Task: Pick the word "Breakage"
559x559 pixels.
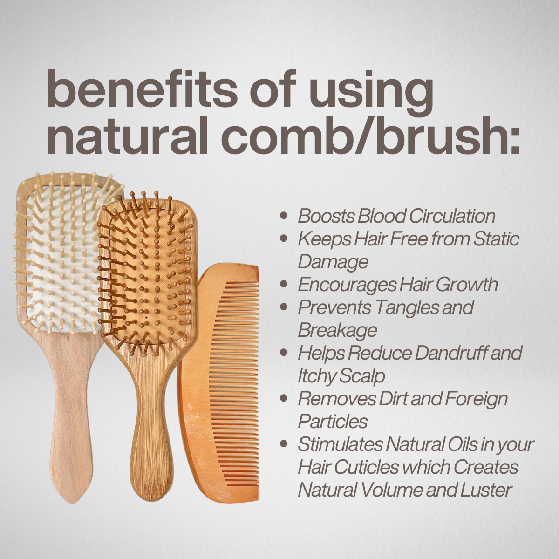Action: point(337,330)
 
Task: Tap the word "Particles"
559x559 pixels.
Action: point(333,421)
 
